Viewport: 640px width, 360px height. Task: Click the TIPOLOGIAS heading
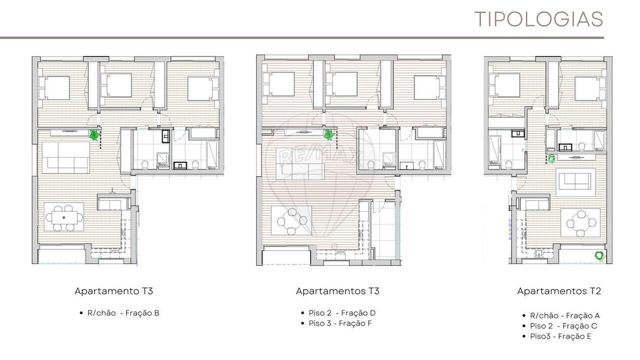538,19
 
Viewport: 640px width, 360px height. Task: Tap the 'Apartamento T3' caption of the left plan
113,291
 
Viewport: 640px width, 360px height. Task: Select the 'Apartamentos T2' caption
559,291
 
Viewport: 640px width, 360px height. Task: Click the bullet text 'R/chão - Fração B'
123,313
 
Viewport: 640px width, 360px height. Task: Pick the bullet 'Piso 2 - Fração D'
342,313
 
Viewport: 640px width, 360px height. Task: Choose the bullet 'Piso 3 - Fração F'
340,323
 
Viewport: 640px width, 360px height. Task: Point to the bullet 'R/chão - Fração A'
565,315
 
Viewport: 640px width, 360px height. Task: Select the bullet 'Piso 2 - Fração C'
563,325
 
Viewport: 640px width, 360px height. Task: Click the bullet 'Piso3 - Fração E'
560,336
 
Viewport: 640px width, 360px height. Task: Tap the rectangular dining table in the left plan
64,217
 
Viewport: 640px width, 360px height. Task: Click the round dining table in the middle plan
292,220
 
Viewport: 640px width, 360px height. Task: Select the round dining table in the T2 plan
581,223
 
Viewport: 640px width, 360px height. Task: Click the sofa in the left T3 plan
66,158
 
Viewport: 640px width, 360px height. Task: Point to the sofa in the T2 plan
575,181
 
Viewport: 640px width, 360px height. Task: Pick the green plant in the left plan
94,135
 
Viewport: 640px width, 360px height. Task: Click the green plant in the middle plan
329,134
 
